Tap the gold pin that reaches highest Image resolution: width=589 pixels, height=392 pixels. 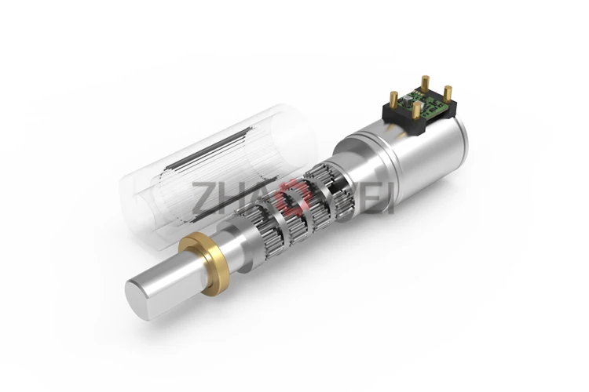(x=425, y=83)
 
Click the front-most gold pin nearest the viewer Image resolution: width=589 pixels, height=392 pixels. (x=415, y=110)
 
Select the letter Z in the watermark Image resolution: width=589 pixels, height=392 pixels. (x=203, y=198)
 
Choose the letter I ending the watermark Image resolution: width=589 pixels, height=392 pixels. (x=388, y=198)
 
